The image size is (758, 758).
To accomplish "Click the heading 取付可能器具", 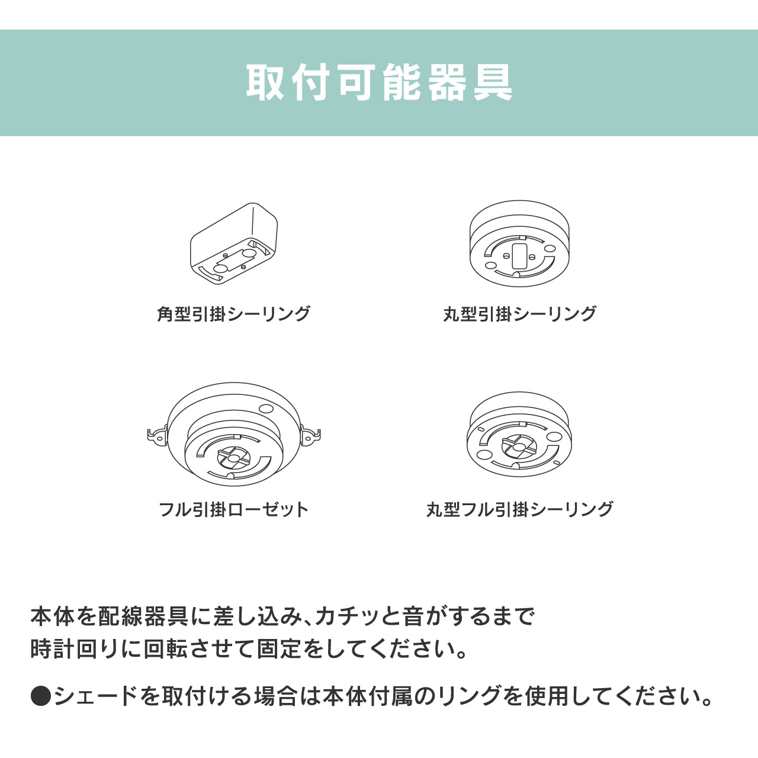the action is pos(379,82).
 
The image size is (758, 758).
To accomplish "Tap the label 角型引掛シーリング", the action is pos(234,314).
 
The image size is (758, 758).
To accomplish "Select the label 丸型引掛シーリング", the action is pos(519,314).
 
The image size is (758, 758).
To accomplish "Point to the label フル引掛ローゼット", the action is pos(234,509).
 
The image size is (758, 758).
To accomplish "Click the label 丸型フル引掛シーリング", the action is pos(519,509).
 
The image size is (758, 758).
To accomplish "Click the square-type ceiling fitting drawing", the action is pos(234,243).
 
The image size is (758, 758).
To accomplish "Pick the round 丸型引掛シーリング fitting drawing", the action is pos(519,243).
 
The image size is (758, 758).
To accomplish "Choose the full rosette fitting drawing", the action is pos(234,434).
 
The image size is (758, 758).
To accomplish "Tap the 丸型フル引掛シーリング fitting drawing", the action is pos(519,435).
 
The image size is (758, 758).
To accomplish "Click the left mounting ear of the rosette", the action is pos(158,435).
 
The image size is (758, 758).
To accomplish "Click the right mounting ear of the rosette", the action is pos(310,435).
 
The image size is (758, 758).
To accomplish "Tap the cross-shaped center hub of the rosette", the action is pos(234,458).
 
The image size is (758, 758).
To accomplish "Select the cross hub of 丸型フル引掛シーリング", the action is pos(519,446).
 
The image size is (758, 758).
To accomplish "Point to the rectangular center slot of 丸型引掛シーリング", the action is pos(519,255).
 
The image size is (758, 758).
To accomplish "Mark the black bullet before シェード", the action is pos(41,695).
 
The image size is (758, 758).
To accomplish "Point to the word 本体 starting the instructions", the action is pos(53,616).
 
